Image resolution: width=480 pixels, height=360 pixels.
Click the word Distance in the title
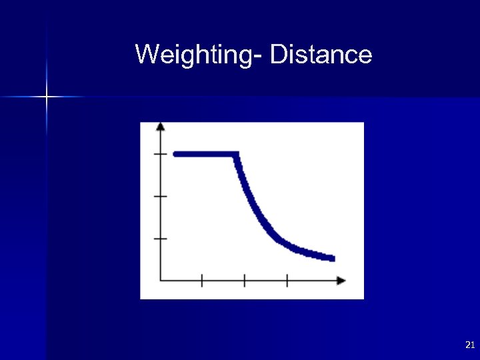321,54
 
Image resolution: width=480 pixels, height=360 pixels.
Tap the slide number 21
469,345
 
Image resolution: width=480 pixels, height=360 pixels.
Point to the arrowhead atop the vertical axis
161,126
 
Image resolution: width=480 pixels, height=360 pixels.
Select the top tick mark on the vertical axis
161,154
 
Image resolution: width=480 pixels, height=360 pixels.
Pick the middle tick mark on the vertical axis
161,196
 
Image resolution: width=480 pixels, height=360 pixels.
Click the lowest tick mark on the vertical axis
161,238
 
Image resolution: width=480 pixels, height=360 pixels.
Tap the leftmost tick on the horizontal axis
202,281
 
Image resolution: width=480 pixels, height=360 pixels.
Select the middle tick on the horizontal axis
244,281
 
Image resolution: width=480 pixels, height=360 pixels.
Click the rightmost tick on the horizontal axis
287,281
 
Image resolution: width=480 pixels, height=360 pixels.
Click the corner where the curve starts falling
236,155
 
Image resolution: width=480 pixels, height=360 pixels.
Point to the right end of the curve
332,258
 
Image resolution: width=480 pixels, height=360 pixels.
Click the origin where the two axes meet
161,281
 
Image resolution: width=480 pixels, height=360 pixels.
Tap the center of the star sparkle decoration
47,97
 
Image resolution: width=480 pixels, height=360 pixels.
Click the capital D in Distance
278,54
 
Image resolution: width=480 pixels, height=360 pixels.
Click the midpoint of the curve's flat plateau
206,154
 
